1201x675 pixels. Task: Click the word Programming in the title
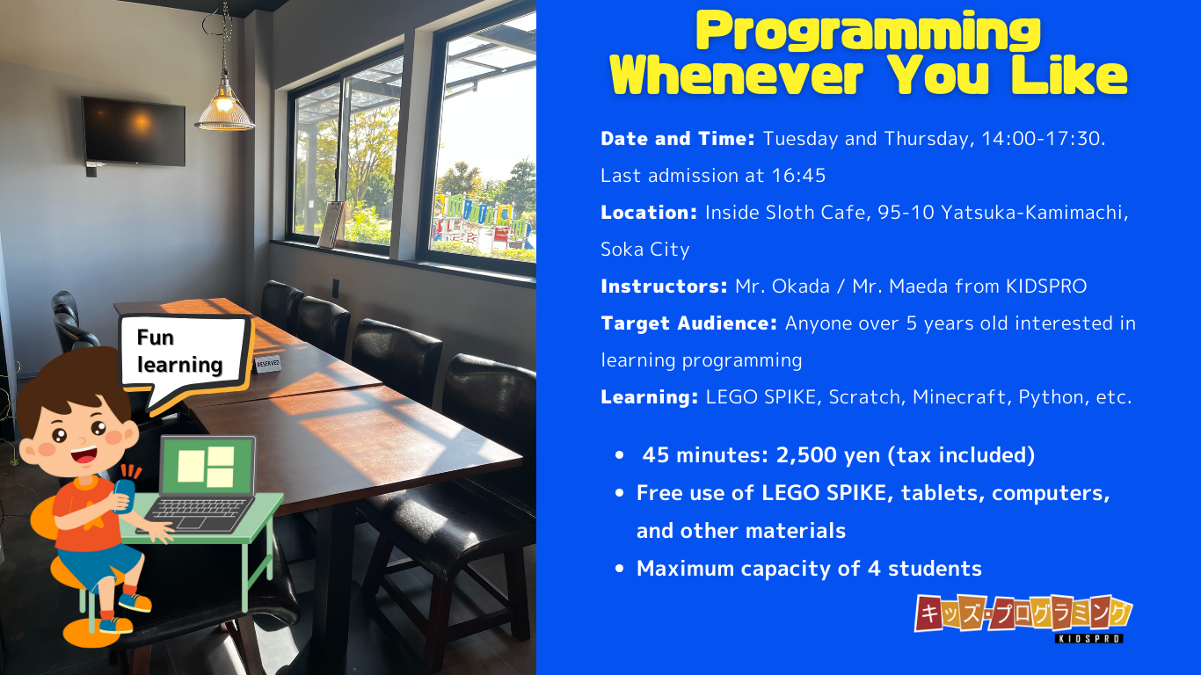[868, 33]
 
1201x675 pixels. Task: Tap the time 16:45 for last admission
[799, 175]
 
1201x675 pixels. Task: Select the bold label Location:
[649, 213]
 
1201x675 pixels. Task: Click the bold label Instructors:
[664, 287]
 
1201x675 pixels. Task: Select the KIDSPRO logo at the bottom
[1023, 618]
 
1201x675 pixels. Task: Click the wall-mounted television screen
[133, 131]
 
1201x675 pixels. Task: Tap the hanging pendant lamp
[225, 106]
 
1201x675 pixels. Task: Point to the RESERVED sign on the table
[267, 364]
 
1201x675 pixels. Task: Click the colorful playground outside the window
[484, 221]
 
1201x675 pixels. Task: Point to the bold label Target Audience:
[689, 323]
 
